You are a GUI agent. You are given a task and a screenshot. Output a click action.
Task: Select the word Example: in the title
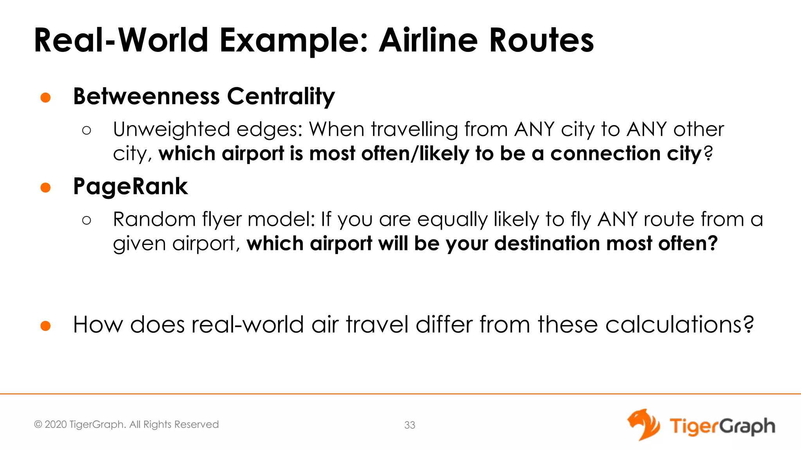coord(294,41)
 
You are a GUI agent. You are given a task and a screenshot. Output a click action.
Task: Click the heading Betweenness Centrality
coord(204,96)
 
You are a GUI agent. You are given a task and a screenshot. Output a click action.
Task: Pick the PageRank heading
coord(130,186)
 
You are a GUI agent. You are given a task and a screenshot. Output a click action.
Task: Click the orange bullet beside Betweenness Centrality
coord(46,97)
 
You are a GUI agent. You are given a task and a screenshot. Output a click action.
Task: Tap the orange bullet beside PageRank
coord(46,187)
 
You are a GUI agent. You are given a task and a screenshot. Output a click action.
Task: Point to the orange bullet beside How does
coord(46,325)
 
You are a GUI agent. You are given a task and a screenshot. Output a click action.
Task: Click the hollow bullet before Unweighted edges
coord(87,130)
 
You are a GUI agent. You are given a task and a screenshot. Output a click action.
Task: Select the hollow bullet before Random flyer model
coord(87,220)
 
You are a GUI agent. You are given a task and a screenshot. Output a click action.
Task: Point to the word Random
coord(154,219)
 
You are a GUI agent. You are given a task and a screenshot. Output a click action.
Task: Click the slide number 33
coord(409,425)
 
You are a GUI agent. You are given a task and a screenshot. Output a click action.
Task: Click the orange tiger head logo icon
coord(643,425)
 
